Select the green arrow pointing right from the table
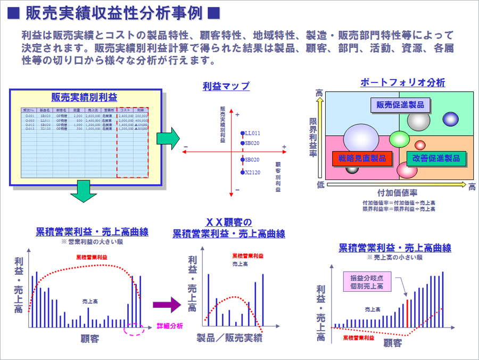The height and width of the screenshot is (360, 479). [x=168, y=138]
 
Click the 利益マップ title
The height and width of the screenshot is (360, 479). [x=226, y=86]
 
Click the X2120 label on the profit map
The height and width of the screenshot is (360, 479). [x=253, y=173]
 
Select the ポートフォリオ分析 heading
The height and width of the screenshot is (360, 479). [x=402, y=83]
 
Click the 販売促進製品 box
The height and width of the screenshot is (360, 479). [x=400, y=105]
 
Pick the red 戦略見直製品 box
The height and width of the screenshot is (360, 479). [x=362, y=158]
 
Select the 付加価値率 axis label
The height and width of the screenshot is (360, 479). [x=397, y=193]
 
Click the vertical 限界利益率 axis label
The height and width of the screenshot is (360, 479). [x=314, y=137]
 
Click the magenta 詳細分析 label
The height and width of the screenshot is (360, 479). [x=170, y=326]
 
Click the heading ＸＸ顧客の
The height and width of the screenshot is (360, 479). [x=228, y=222]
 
